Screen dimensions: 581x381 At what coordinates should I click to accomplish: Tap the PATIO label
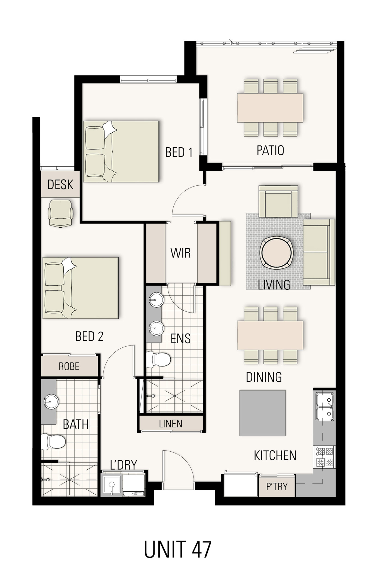pos(270,150)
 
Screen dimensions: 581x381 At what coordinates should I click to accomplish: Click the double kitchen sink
pos(324,406)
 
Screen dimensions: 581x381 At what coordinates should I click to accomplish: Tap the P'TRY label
pos(276,486)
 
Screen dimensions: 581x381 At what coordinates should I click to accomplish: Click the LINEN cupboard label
pos(171,424)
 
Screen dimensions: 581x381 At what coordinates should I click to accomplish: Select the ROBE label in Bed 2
pos(69,366)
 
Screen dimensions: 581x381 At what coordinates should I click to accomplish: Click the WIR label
pos(180,253)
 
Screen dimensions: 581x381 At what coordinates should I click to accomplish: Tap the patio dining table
pos(270,108)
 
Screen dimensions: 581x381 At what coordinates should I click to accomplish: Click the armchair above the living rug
pos(278,201)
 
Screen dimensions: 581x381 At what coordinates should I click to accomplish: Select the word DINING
pos(264,377)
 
